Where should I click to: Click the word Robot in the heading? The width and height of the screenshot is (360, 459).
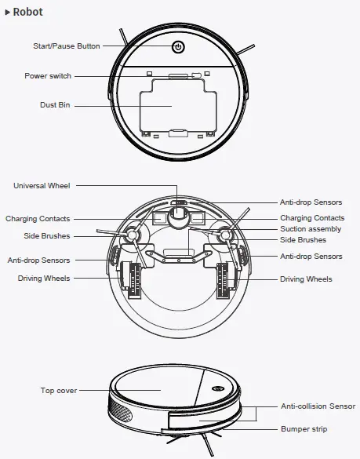(x=28, y=13)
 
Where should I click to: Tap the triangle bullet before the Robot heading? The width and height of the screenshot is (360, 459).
(x=8, y=13)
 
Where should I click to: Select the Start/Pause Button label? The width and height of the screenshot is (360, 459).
(x=67, y=46)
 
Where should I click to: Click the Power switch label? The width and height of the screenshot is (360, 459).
(x=48, y=76)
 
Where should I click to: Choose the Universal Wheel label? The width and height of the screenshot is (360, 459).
(x=42, y=186)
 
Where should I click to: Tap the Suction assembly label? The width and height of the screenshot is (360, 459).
(x=311, y=229)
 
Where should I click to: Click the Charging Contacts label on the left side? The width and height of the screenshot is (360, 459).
(x=38, y=219)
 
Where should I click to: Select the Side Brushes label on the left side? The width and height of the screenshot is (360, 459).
(x=46, y=236)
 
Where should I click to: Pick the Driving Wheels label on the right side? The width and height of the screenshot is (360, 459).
(x=306, y=279)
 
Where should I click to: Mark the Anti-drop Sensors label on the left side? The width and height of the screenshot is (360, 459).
(x=38, y=260)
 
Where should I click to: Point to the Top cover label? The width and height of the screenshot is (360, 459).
(x=57, y=390)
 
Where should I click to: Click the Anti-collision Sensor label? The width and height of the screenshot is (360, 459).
(x=318, y=407)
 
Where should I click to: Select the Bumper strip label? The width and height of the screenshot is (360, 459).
(x=304, y=429)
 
